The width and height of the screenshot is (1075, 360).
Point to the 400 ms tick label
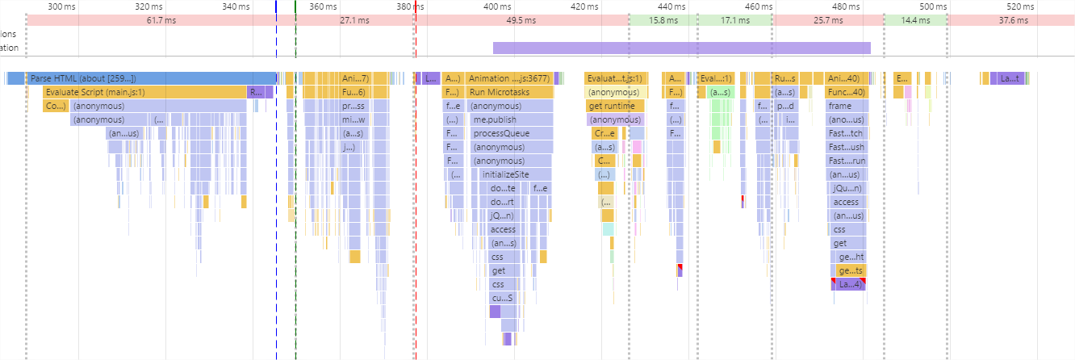pyautogui.click(x=497, y=6)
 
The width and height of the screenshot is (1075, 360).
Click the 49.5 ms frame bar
pyautogui.click(x=521, y=19)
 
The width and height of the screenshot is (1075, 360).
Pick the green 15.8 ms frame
pyautogui.click(x=663, y=19)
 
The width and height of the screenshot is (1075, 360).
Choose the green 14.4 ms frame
pyautogui.click(x=915, y=19)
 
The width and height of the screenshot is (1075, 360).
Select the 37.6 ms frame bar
pyautogui.click(x=1010, y=19)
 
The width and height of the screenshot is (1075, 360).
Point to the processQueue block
pyautogui.click(x=512, y=133)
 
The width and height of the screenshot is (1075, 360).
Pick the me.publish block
pyautogui.click(x=512, y=119)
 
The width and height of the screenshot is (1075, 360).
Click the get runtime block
pyautogui.click(x=615, y=106)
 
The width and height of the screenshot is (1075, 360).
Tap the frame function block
pyautogui.click(x=847, y=106)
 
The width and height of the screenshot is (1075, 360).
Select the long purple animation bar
pyautogui.click(x=681, y=48)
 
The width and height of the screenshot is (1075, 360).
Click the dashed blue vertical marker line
pyautogui.click(x=276, y=202)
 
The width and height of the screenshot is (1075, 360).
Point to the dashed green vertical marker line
pyautogui.click(x=295, y=202)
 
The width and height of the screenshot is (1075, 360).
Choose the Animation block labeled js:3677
pyautogui.click(x=508, y=78)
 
